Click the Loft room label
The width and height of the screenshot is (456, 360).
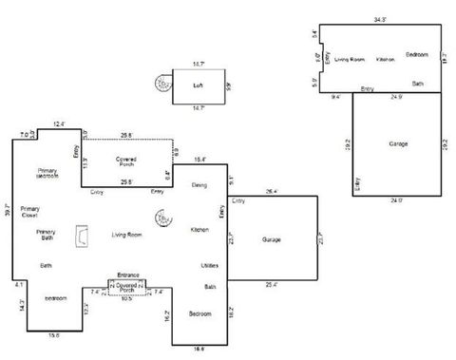click(199, 85)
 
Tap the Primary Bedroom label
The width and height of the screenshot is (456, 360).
click(47, 173)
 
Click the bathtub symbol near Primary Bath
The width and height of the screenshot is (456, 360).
click(84, 234)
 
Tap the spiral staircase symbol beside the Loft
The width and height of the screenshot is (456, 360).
click(164, 85)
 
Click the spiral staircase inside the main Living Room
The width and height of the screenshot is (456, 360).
click(165, 218)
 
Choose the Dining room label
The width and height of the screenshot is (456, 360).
click(199, 184)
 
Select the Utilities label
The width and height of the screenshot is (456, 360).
click(210, 265)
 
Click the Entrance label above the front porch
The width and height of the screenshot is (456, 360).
click(128, 275)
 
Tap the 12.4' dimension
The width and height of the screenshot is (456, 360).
click(59, 124)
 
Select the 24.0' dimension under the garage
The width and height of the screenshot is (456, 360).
click(397, 199)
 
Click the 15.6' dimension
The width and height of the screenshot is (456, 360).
click(53, 334)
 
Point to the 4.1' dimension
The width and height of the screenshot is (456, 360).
click(18, 283)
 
